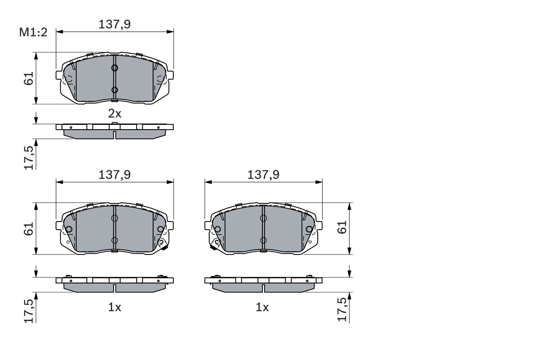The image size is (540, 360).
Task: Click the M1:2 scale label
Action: click(x=33, y=32)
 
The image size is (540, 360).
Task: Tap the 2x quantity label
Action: click(x=114, y=113)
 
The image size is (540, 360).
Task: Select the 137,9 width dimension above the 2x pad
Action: click(x=114, y=24)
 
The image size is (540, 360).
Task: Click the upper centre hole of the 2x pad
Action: click(x=114, y=68)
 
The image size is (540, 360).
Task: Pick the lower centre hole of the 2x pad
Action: click(x=114, y=89)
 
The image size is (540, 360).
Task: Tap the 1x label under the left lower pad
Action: click(x=114, y=308)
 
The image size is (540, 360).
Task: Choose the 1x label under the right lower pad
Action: click(x=262, y=308)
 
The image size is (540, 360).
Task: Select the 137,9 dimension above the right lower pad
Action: click(x=263, y=175)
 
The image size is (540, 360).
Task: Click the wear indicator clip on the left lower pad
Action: click(x=162, y=244)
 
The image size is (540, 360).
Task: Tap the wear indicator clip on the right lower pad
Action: click(x=215, y=244)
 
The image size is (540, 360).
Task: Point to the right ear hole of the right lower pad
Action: click(x=309, y=229)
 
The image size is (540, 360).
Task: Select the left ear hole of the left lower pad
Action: click(x=69, y=229)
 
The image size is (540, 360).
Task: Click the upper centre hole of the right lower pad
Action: click(x=263, y=218)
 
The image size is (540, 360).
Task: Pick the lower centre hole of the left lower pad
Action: click(x=114, y=240)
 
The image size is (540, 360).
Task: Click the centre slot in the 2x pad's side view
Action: click(x=114, y=134)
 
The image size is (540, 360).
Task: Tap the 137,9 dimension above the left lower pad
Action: click(x=114, y=175)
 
